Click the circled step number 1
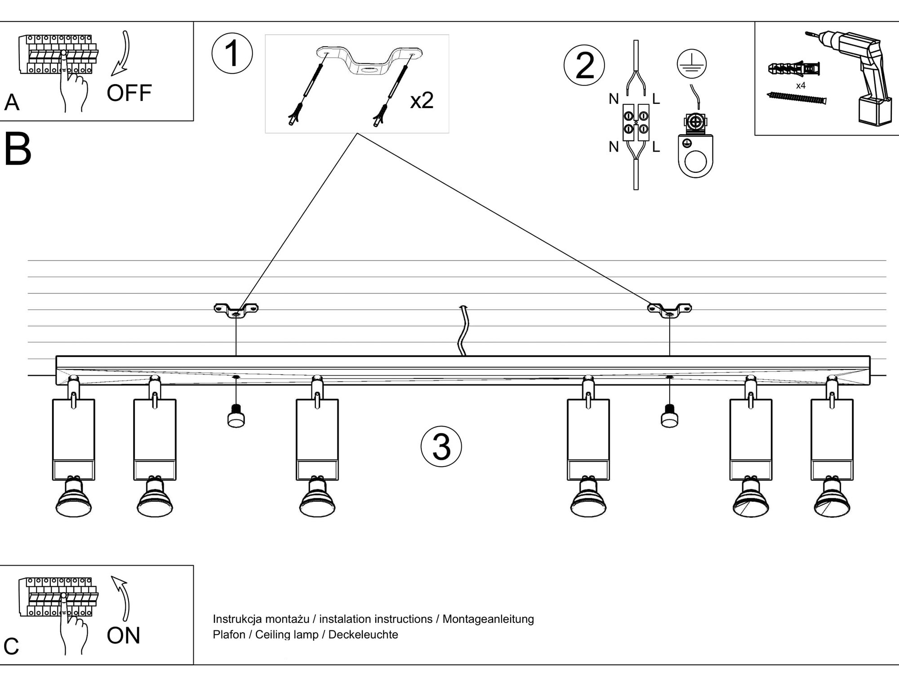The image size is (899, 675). coord(232,54)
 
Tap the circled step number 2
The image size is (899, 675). coord(584,65)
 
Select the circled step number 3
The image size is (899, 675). coord(441,446)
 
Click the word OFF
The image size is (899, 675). coord(129,93)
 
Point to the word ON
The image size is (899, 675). coord(123,635)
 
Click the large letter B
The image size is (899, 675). coord(18,149)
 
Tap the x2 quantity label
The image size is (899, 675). coord(422,100)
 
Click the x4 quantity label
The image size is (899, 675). coord(801,85)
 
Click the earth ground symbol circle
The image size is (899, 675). coord(691,63)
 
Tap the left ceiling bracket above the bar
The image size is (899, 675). coord(236,310)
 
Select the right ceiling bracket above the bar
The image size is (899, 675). coord(669,310)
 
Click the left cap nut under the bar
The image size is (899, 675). coord(236,416)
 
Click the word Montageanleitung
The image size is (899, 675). coord(488,619)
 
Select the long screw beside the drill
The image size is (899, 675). coord(796,98)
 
